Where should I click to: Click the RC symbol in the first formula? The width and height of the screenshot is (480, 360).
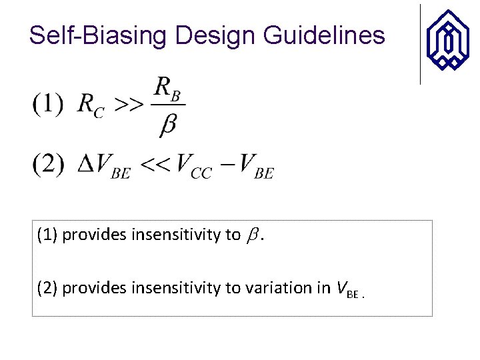(x=90, y=105)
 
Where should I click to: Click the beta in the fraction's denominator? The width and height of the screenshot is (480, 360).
(x=168, y=125)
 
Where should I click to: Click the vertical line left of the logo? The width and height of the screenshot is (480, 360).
(x=420, y=44)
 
